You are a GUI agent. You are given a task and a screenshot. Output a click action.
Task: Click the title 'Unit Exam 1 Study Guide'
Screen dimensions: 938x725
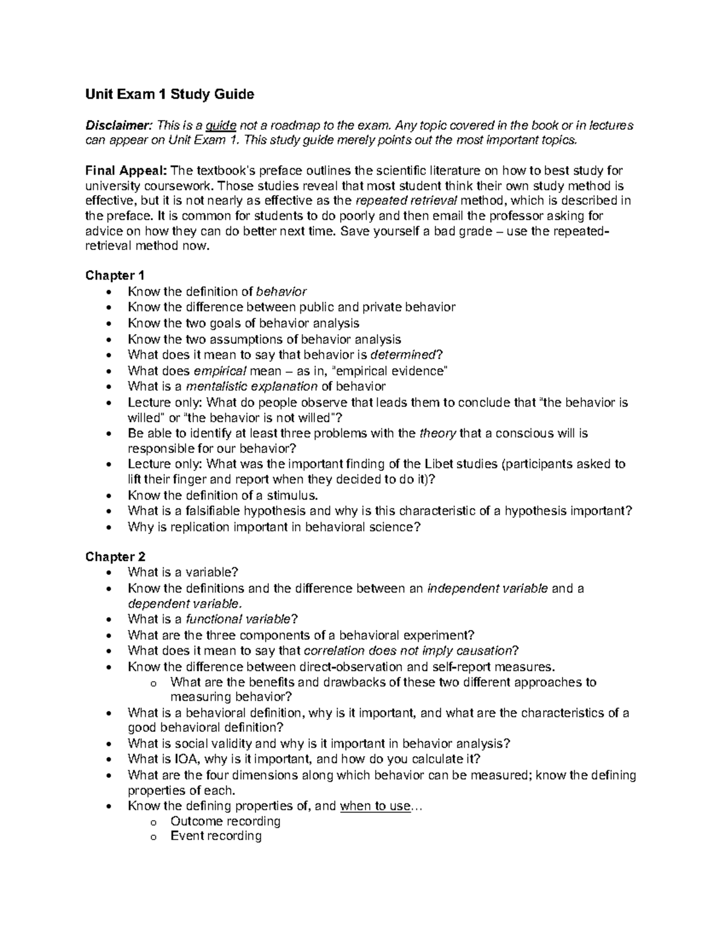pyautogui.click(x=170, y=94)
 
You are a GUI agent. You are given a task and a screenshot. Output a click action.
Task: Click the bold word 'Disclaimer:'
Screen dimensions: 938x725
pyautogui.click(x=119, y=126)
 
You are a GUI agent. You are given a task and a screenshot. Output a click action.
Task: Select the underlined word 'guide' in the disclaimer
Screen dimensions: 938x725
pyautogui.click(x=221, y=126)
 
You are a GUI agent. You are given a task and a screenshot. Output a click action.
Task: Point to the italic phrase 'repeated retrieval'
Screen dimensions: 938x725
pyautogui.click(x=406, y=201)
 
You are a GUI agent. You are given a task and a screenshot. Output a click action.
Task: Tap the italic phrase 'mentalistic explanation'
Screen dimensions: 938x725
pyautogui.click(x=252, y=386)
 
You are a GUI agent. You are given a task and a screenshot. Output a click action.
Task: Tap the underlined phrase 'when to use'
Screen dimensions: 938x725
pyautogui.click(x=375, y=806)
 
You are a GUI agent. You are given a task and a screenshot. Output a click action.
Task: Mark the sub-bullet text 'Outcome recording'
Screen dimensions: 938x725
pyautogui.click(x=225, y=821)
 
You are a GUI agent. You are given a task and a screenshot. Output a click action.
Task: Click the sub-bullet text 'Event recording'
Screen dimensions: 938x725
pyautogui.click(x=216, y=837)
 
